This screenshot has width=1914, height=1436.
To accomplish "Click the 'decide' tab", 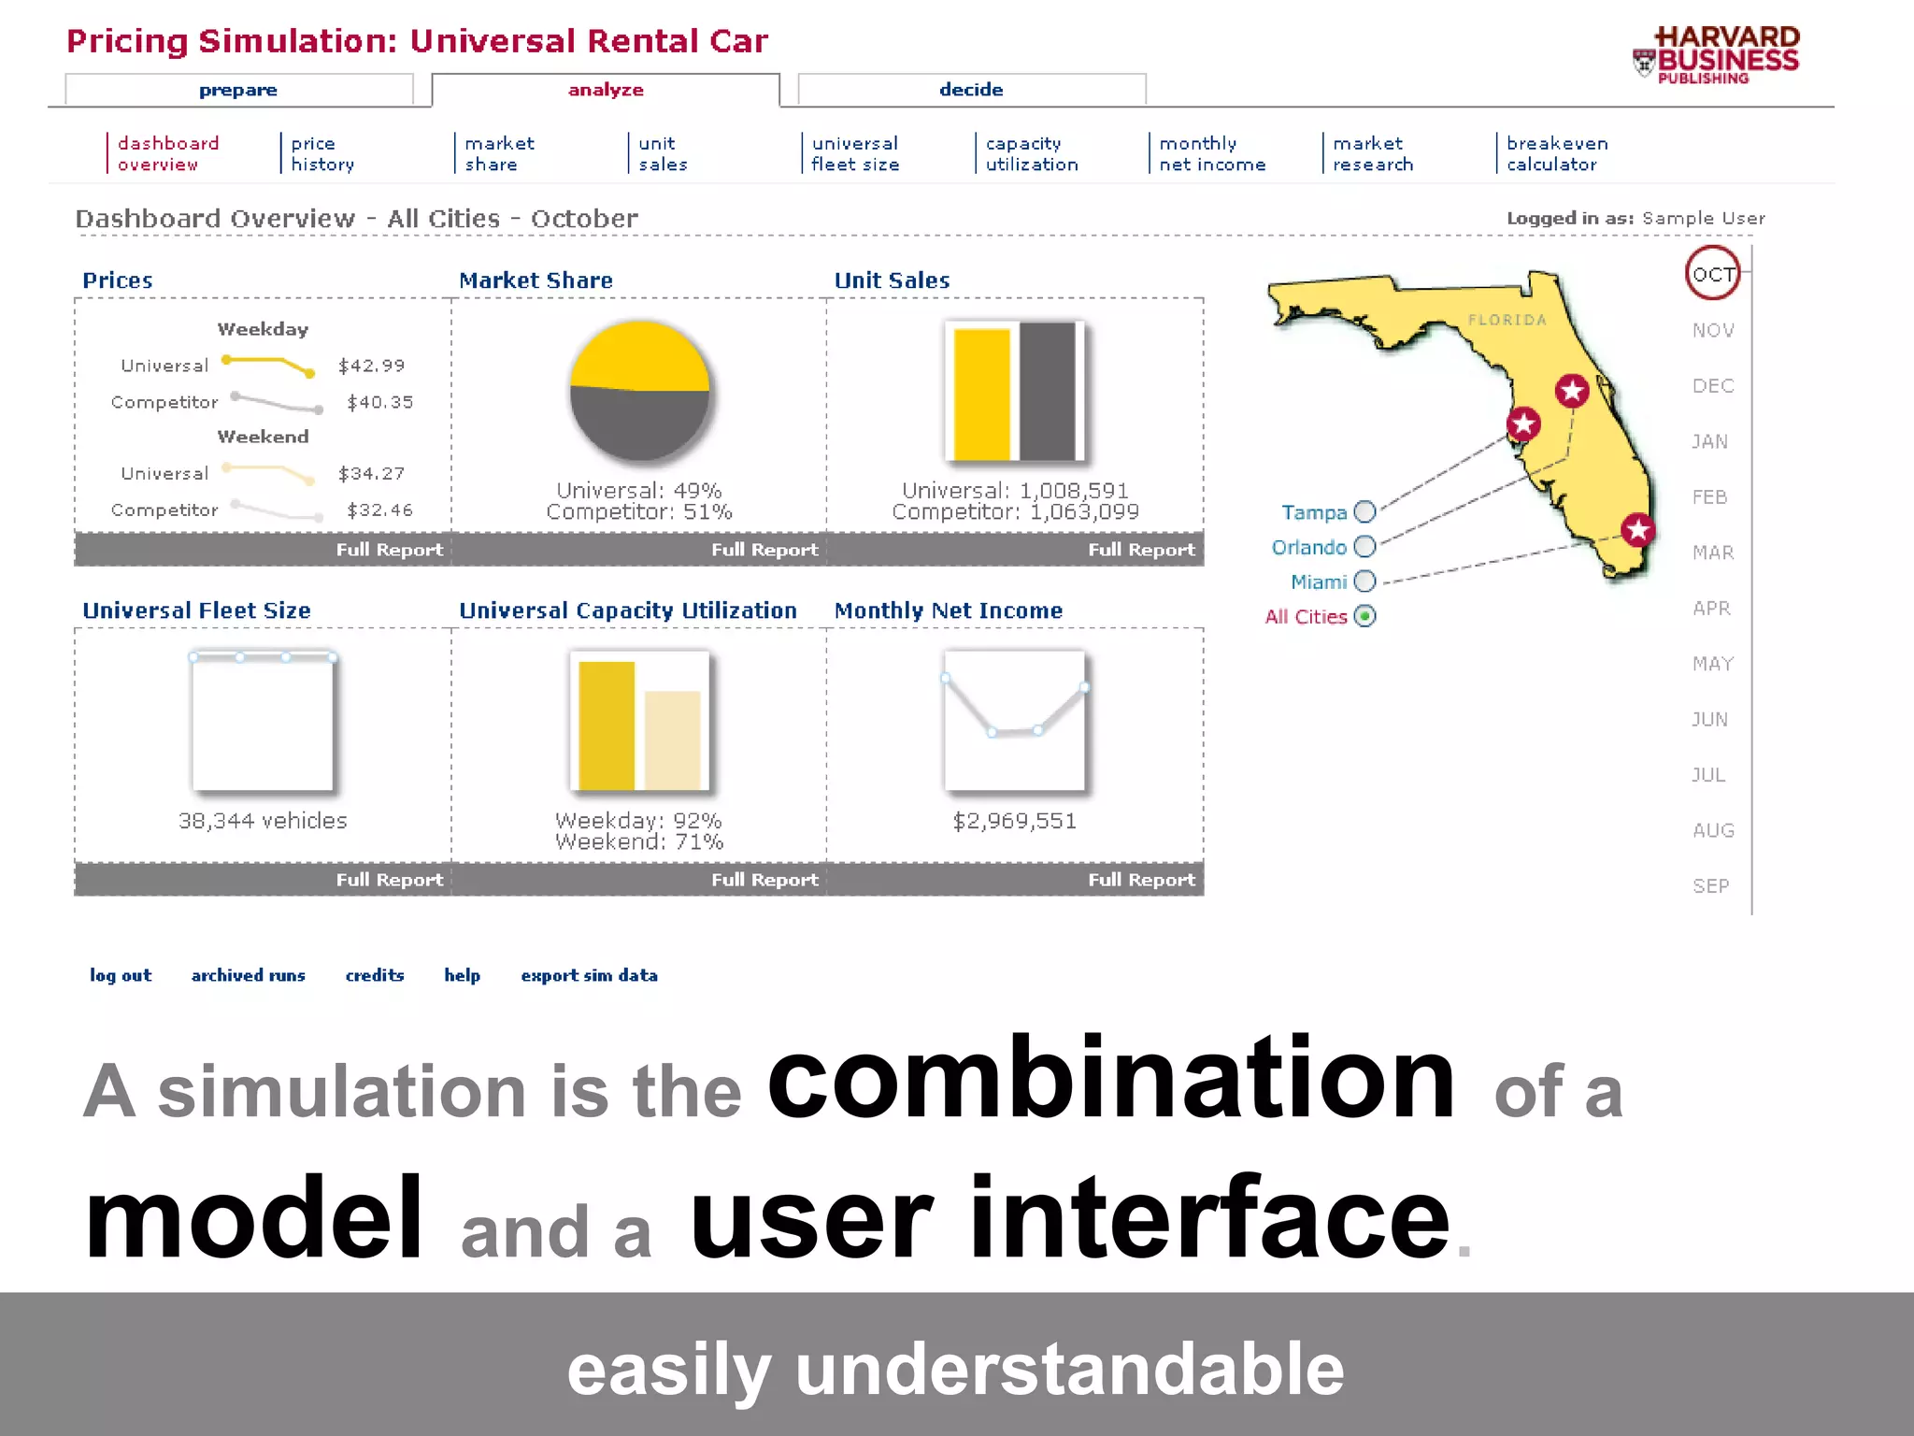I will click(x=971, y=90).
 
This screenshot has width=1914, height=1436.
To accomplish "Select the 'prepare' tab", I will click(x=237, y=91).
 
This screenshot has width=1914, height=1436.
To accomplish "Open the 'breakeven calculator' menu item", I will click(x=1556, y=153).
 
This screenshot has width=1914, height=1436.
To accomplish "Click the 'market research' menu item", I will click(x=1372, y=153).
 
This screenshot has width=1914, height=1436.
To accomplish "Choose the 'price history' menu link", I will click(x=321, y=153).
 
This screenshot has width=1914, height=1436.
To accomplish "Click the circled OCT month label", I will click(x=1712, y=274).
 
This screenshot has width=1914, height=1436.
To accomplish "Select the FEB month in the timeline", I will click(x=1709, y=497).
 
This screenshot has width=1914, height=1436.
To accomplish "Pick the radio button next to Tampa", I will click(x=1364, y=512).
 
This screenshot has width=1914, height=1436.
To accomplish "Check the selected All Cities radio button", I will click(x=1364, y=616).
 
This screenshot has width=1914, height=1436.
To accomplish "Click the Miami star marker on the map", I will click(x=1637, y=530).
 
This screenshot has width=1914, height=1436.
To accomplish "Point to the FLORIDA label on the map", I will click(x=1507, y=320).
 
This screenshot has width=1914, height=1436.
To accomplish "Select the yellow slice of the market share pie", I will click(x=639, y=355).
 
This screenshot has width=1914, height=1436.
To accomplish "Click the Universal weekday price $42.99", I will click(x=371, y=366).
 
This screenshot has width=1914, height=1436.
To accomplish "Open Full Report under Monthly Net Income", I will click(x=1140, y=880).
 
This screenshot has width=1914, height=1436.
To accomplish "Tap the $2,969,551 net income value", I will click(x=1014, y=821).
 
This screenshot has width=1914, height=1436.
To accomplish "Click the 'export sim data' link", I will click(x=589, y=975).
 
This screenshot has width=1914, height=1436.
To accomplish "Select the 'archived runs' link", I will click(x=248, y=975).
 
